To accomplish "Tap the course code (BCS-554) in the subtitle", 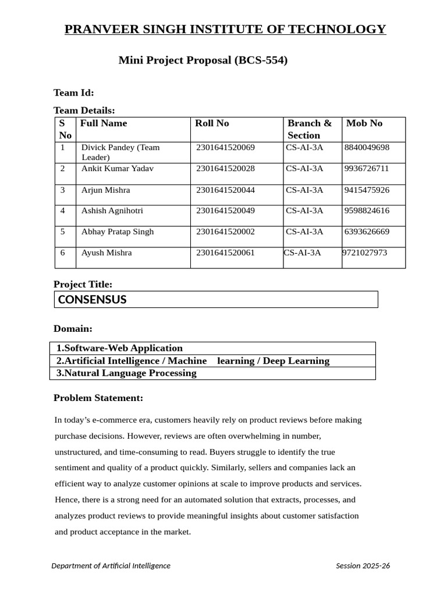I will tap(261, 60).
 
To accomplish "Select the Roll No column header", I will tap(212, 123).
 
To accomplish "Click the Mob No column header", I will tap(364, 123).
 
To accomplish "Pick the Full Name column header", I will tap(104, 123).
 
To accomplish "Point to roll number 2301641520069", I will tap(225, 148).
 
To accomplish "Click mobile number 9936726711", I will tap(367, 169).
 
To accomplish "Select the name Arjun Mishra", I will tap(105, 190).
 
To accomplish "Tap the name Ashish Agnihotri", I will tap(112, 211).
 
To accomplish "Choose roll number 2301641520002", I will tap(225, 232).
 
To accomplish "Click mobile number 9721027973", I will tap(364, 253).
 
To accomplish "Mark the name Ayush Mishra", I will tap(107, 253).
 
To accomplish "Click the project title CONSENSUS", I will tap(92, 300).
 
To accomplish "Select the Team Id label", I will tap(73, 93).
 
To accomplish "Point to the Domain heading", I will tap(73, 329).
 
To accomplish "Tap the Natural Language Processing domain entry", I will tap(126, 373).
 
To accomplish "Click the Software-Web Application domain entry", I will tap(119, 348).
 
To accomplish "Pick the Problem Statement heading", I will tap(98, 398).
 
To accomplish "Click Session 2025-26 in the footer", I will tap(363, 566).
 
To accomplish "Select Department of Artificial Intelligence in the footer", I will tap(111, 566).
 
